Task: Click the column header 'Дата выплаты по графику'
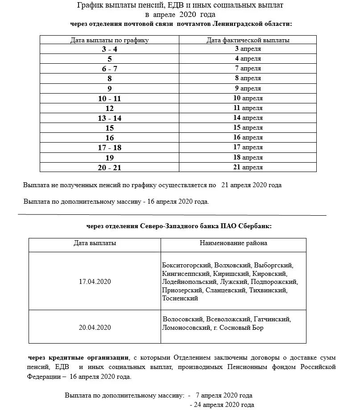(x=109, y=40)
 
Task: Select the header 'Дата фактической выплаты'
(x=248, y=40)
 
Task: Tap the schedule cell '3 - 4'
(x=109, y=49)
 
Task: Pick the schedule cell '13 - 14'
(x=109, y=118)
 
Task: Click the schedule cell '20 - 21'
(x=109, y=167)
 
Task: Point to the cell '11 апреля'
(x=248, y=108)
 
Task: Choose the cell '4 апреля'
(x=248, y=59)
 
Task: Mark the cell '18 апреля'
(x=248, y=157)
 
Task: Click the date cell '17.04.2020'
(x=95, y=282)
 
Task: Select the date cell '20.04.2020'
(x=95, y=328)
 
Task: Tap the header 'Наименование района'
(x=233, y=243)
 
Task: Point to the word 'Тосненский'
(x=180, y=299)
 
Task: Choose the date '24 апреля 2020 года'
(x=222, y=405)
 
